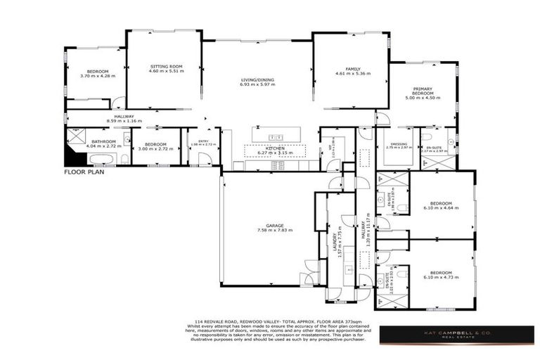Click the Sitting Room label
[x=167, y=67]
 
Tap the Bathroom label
[x=103, y=141]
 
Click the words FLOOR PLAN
[x=84, y=172]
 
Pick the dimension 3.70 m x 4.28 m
[x=97, y=76]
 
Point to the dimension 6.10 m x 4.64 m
[x=441, y=208]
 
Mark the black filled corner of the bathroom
[x=71, y=158]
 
